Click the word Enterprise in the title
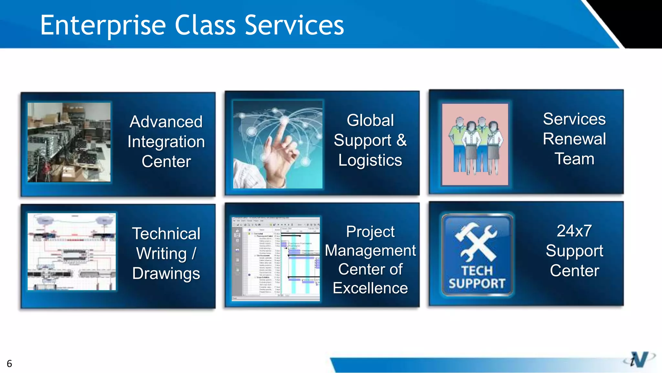103,26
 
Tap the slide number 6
9,364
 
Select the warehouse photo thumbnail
69,142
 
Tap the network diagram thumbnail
71,252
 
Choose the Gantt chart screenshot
276,259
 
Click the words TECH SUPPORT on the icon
477,277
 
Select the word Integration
166,142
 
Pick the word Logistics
370,160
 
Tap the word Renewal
574,139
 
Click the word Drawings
166,274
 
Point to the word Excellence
370,288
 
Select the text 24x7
574,231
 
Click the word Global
370,120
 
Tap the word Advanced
166,122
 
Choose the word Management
370,251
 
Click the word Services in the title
294,26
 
